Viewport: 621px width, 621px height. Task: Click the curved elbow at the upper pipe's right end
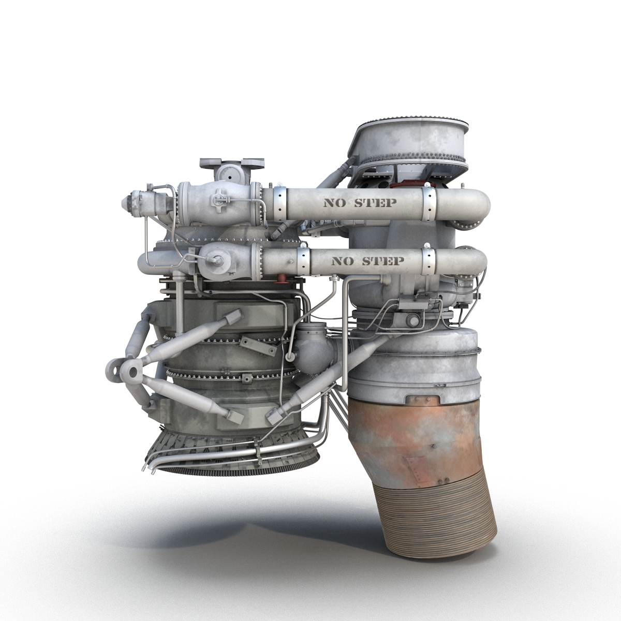[474, 204]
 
